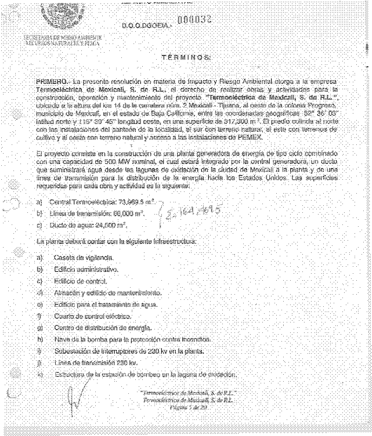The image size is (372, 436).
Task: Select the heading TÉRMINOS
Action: (x=185, y=57)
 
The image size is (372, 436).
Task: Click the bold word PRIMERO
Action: (x=51, y=81)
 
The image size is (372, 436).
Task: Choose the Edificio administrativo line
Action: (x=85, y=269)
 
